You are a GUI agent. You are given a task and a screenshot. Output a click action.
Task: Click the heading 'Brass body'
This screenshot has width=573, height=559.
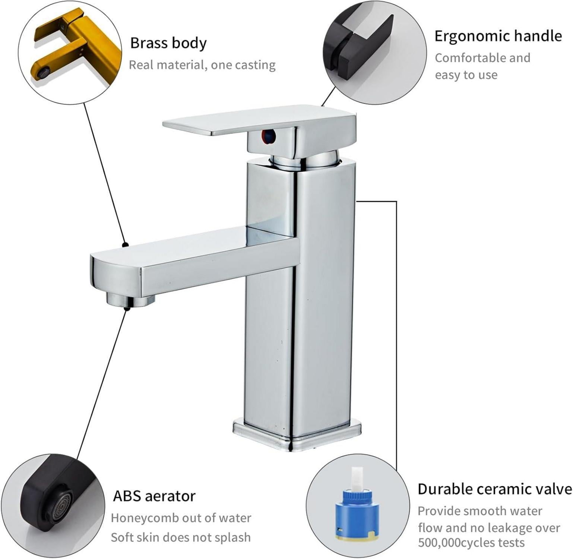click(168, 43)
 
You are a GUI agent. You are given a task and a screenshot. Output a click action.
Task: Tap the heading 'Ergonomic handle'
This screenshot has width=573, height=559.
click(498, 37)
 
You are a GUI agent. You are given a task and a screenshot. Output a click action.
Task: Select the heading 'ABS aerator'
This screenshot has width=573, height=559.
click(154, 496)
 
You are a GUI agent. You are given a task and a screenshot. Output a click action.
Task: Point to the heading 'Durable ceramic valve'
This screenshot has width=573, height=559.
click(495, 489)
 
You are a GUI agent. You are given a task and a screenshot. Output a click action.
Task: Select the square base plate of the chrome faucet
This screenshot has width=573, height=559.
click(297, 435)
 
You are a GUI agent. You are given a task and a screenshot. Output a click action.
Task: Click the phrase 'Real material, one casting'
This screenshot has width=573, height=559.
click(202, 65)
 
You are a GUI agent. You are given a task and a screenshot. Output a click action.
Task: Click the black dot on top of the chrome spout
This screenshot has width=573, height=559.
click(126, 245)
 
